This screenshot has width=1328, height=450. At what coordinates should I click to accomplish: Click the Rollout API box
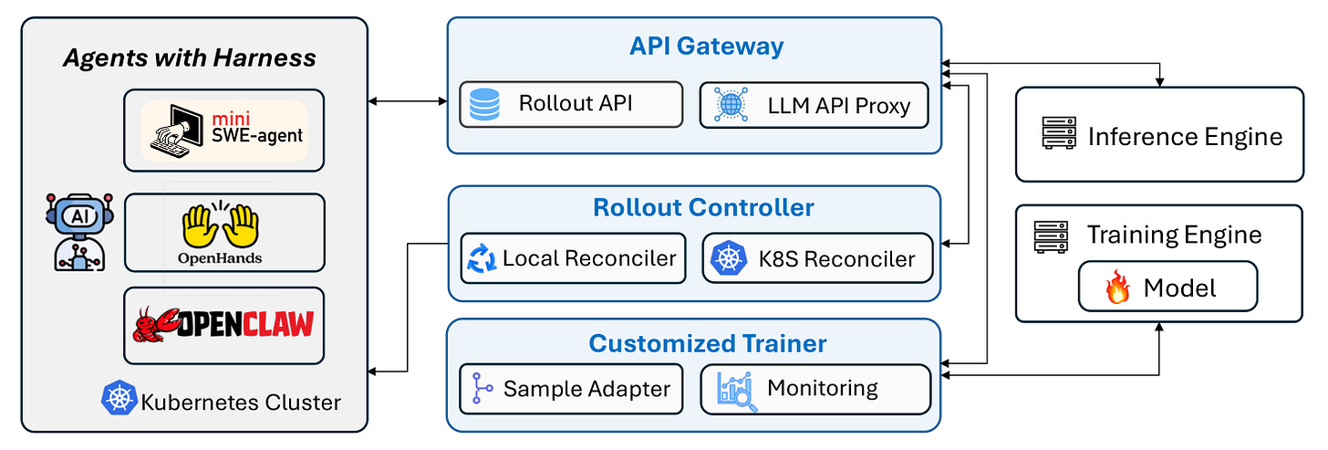pos(571,104)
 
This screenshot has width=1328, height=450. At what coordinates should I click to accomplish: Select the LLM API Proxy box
pos(814,106)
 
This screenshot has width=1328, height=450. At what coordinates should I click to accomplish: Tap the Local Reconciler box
pos(574,258)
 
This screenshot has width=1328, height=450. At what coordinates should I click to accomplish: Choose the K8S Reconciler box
pos(817,258)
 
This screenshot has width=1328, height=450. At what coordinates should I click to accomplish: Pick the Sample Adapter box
pos(571,389)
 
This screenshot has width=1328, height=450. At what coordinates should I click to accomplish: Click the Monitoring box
pos(815,389)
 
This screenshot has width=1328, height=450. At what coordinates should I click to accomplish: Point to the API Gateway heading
pos(706,47)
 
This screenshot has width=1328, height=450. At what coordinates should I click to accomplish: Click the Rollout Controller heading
pos(703,207)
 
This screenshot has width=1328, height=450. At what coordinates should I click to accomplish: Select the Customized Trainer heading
pos(707,343)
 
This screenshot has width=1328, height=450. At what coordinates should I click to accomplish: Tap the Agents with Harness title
pos(189,58)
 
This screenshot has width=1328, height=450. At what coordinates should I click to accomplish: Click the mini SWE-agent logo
pos(224,131)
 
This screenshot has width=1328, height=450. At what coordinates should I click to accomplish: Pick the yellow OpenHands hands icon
pos(220,225)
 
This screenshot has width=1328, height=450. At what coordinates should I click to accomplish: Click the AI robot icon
pos(79,232)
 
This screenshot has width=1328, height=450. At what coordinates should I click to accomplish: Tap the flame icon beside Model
pos(1117,287)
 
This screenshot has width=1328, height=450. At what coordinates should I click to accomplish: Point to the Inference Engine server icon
pos(1059,133)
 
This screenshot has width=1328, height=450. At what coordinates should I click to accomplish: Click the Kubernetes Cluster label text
pos(241,403)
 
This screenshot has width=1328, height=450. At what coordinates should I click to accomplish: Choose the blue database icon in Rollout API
pos(484,104)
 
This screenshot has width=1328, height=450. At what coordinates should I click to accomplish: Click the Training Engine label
pos(1174,235)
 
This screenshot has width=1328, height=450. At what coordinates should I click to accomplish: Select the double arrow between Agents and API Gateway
pos(408,101)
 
